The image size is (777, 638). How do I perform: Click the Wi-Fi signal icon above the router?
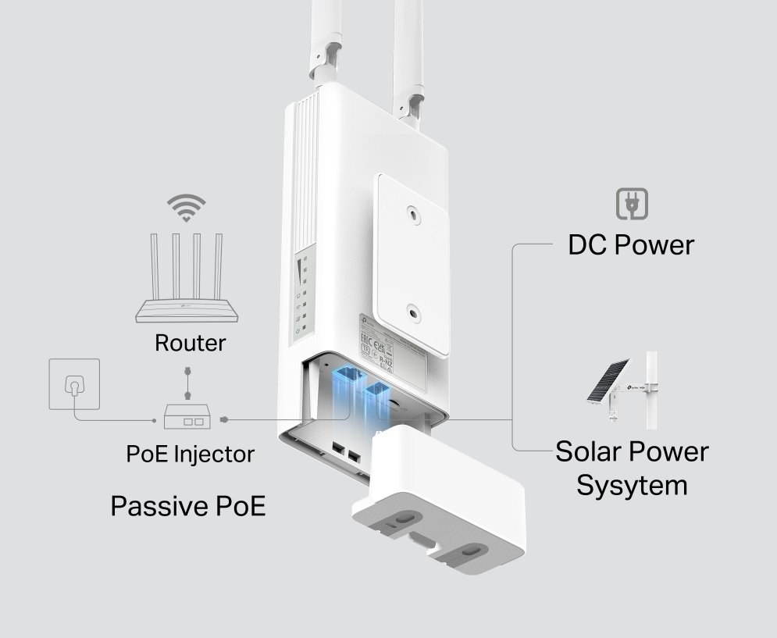(x=187, y=208)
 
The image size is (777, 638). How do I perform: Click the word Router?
(x=191, y=342)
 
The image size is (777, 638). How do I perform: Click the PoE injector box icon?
(x=188, y=418)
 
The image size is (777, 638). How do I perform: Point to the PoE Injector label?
(x=190, y=453)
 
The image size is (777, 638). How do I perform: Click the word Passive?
(x=156, y=505)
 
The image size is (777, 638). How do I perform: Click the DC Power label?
(x=630, y=244)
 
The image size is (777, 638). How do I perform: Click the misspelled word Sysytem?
(x=632, y=485)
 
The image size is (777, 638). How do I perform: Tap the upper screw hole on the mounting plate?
(x=412, y=211)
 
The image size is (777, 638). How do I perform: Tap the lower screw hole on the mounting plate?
(x=412, y=311)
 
